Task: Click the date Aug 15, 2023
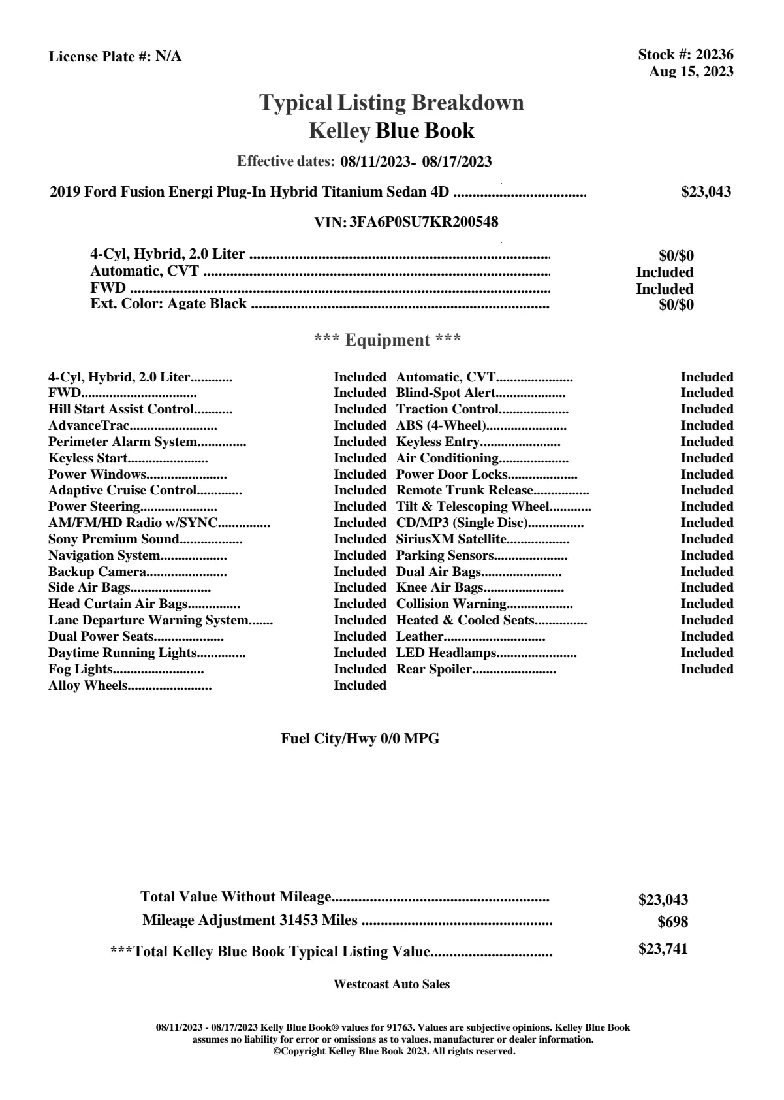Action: pos(691,72)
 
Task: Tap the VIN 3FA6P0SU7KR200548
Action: pos(424,222)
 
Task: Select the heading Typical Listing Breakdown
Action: pos(392,103)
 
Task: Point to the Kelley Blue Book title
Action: pos(392,131)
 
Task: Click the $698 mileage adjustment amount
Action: pos(672,922)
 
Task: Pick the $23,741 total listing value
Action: pos(663,949)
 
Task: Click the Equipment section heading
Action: pos(388,340)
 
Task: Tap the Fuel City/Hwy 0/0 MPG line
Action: pos(360,739)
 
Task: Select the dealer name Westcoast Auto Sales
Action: pos(392,984)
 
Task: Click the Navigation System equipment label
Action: pos(104,556)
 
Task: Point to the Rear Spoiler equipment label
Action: pos(434,670)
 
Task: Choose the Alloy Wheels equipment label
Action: pos(88,686)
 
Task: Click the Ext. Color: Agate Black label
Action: pos(168,304)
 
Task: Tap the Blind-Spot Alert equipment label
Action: pos(446,393)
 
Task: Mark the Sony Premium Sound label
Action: pos(114,540)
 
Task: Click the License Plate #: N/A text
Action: pos(115,57)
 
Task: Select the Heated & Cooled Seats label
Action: pos(465,621)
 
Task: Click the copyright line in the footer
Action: pos(394,1052)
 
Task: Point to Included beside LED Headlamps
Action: pos(706,653)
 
